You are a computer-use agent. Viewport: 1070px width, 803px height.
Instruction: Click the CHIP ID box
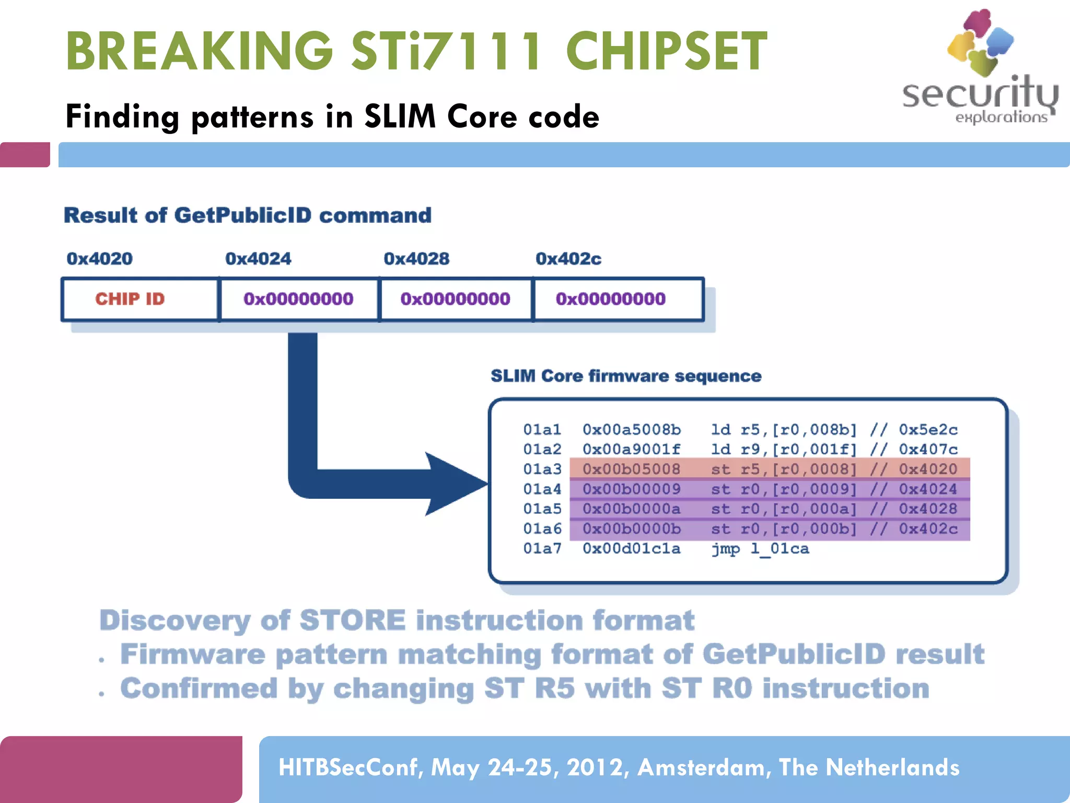click(x=130, y=299)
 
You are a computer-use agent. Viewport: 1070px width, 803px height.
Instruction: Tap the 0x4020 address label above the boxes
click(x=99, y=258)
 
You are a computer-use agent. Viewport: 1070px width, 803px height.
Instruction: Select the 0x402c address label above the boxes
click(x=568, y=258)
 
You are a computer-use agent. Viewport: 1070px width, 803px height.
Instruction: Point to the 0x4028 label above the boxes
click(x=416, y=258)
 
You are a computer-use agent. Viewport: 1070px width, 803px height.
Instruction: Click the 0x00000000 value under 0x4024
click(x=298, y=299)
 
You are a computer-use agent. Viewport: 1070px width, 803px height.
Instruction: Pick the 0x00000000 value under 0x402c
click(x=610, y=299)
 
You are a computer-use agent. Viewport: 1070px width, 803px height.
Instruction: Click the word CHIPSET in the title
click(x=667, y=51)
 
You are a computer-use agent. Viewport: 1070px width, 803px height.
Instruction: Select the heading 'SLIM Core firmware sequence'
click(x=626, y=376)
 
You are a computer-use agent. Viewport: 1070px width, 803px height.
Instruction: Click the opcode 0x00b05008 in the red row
click(x=631, y=469)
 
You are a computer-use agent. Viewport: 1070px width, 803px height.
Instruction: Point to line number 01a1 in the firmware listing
click(x=542, y=430)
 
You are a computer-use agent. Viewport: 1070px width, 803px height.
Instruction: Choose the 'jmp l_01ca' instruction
click(x=760, y=548)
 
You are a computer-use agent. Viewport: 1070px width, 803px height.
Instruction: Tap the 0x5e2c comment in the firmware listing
click(x=928, y=430)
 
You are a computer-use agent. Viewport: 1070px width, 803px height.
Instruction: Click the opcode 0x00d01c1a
click(x=631, y=548)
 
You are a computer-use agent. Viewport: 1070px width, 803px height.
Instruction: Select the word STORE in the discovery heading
click(x=353, y=621)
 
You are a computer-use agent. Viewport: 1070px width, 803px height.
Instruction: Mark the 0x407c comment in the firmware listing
click(x=928, y=449)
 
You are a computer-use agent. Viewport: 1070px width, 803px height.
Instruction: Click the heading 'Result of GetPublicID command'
click(x=248, y=215)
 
